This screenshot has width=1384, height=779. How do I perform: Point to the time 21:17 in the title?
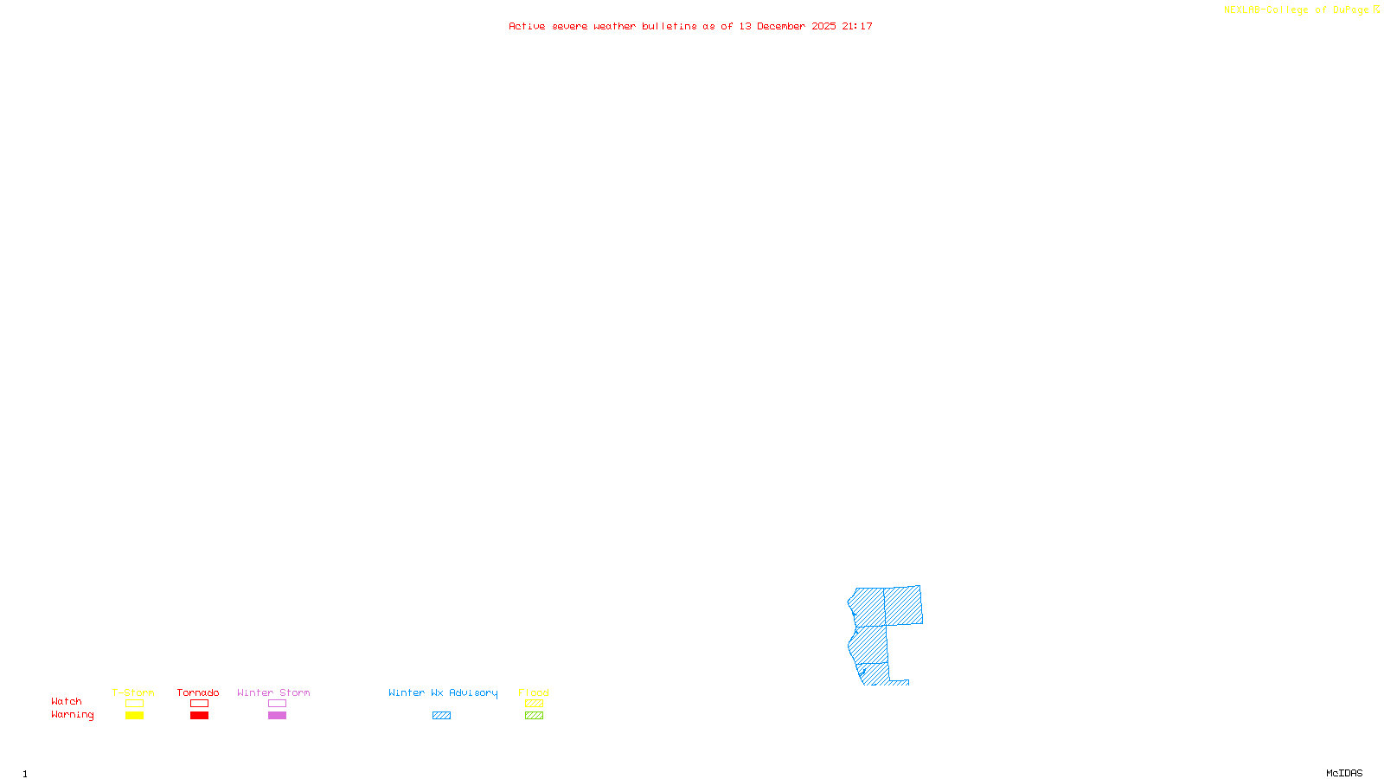[857, 27]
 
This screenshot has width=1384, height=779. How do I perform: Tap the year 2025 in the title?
[823, 27]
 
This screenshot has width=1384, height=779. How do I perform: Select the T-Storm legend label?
[133, 692]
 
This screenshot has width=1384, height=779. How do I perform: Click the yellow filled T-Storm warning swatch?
[134, 716]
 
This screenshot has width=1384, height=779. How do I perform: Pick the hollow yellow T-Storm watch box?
[134, 704]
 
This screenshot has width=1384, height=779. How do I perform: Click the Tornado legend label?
[198, 692]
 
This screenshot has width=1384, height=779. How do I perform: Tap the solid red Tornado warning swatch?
[199, 716]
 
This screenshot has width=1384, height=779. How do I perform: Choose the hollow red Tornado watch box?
[199, 704]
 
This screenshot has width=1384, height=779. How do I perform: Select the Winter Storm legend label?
[273, 692]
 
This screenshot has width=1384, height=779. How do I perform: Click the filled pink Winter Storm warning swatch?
[277, 716]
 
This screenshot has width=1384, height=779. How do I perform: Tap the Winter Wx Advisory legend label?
[443, 692]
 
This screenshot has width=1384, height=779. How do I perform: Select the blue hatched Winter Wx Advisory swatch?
[441, 716]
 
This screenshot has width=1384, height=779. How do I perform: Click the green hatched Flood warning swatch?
[534, 716]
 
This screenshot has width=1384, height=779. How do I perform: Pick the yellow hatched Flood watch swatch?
[534, 704]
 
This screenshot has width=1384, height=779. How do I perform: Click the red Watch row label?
[67, 702]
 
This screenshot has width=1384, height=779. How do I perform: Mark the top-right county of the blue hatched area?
[903, 605]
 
